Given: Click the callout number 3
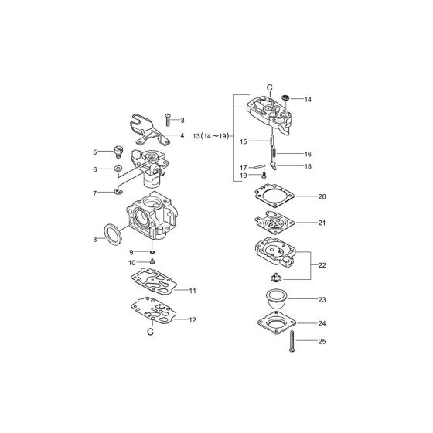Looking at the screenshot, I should point(182,121).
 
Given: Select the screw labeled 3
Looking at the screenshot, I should point(168,119).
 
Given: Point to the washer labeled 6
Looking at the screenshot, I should point(118,168).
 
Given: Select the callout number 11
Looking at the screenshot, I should point(193,291).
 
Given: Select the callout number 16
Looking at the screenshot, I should point(308,154).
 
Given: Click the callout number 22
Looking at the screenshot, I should point(322,264).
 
